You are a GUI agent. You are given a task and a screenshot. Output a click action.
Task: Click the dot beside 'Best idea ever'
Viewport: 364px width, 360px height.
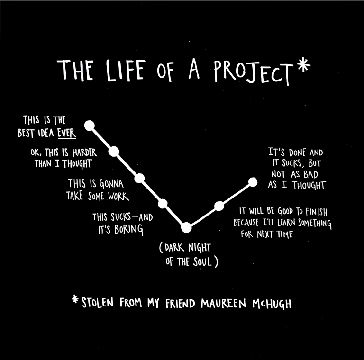coord(90,126)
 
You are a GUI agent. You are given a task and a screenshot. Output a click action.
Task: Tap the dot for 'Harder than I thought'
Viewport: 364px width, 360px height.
coord(114,152)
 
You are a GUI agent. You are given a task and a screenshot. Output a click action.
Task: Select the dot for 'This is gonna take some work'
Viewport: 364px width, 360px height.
coord(139,178)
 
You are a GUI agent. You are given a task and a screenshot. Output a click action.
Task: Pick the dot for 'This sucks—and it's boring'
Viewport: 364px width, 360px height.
coord(163,204)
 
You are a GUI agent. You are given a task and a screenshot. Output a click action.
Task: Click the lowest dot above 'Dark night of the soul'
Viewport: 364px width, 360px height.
coord(186,227)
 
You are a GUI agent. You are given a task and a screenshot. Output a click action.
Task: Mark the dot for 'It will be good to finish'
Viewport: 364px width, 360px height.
coord(219,206)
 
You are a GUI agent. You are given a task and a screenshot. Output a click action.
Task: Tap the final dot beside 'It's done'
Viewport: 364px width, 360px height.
coord(253,182)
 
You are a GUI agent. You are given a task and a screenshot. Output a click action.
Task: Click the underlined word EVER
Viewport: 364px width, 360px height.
coord(67,133)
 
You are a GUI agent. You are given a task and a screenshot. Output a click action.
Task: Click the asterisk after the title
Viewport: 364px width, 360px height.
coord(304,65)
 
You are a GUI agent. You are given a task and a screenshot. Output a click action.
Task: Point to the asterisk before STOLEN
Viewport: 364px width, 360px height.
coord(75,299)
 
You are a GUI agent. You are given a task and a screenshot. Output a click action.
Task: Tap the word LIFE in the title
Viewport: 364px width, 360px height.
coord(126,70)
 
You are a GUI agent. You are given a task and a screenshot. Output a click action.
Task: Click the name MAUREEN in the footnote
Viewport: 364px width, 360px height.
coord(223,303)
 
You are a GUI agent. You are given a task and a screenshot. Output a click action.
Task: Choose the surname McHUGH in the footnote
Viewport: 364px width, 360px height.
coord(272,304)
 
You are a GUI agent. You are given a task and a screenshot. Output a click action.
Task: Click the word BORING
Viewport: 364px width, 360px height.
coord(128,230)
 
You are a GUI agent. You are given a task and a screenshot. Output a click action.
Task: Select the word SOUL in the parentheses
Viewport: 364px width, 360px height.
coord(202,261)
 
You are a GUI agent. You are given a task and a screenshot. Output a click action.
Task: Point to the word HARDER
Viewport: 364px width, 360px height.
coord(84,153)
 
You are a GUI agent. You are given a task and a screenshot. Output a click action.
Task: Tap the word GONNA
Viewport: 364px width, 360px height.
coord(111,184)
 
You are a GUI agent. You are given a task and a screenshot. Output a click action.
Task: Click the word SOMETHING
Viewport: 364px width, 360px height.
coord(315,223)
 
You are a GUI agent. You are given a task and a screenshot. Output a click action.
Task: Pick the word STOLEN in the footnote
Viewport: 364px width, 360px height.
coord(98,303)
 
